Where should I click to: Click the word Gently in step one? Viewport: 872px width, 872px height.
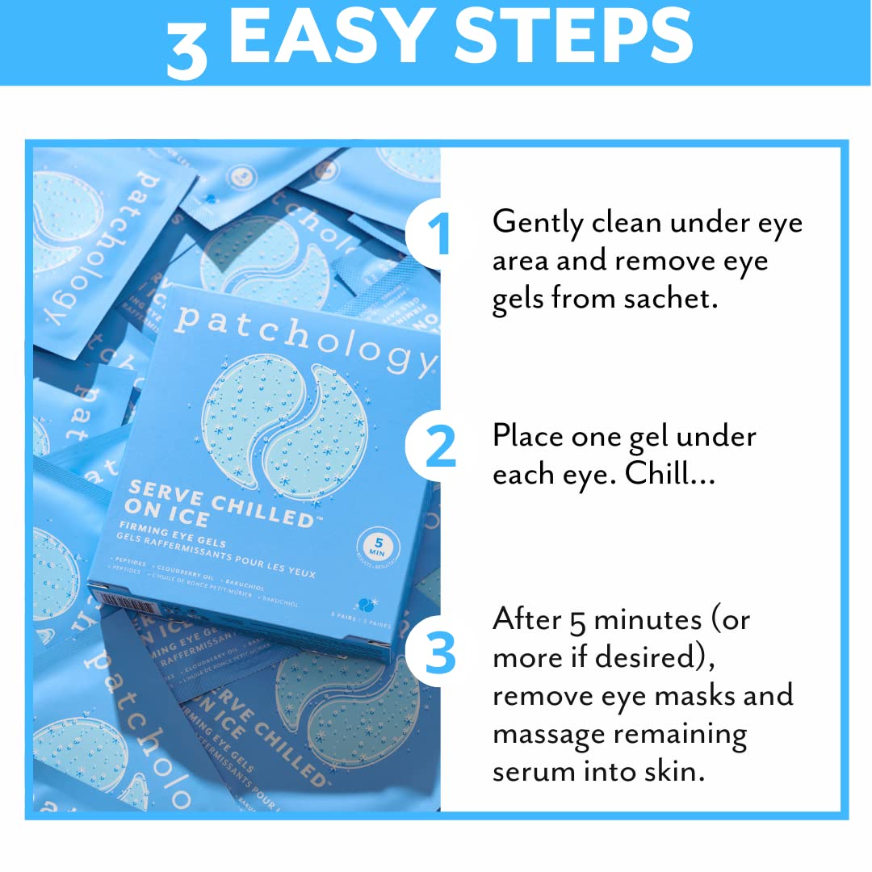point(538,222)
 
